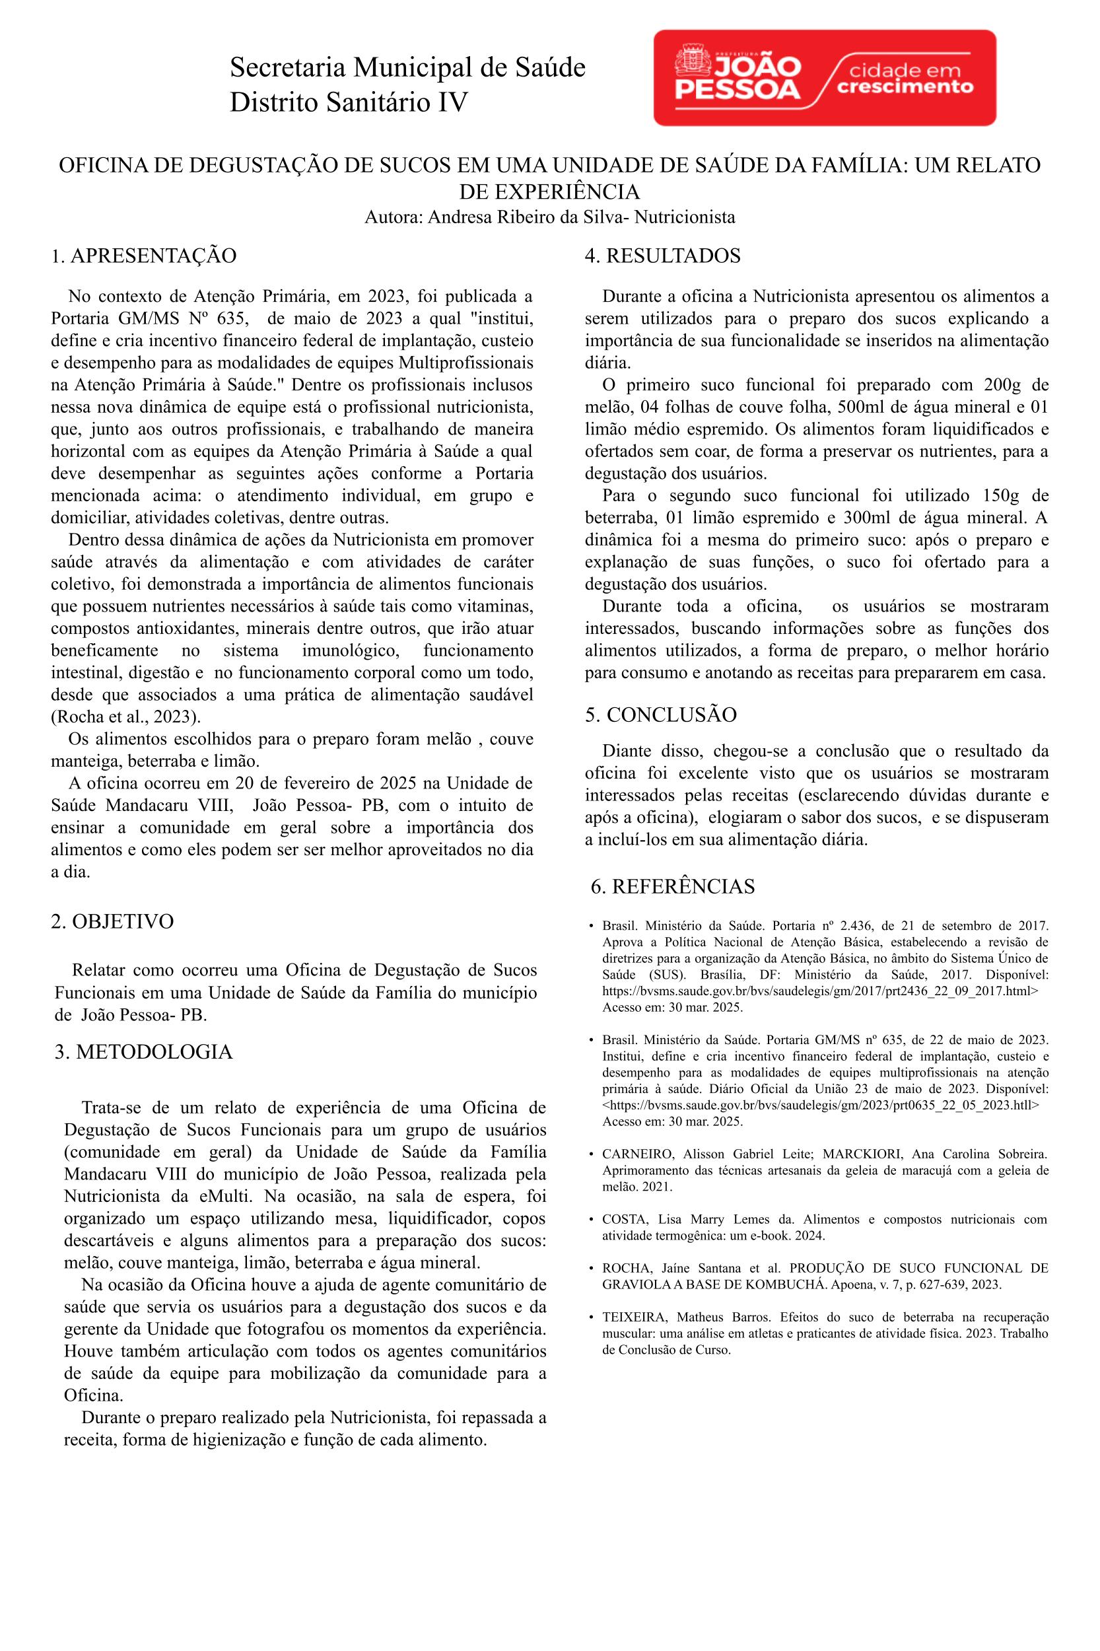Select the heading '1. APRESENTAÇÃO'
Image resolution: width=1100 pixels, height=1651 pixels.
143,256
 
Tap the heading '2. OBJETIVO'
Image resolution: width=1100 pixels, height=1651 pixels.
112,921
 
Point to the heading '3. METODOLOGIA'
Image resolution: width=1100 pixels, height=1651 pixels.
144,1052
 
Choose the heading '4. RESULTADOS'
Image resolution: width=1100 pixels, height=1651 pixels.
662,256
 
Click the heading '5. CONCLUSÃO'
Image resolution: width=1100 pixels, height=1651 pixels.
661,715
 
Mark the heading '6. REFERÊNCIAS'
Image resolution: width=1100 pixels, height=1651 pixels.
673,886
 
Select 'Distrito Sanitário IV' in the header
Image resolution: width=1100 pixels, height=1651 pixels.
348,103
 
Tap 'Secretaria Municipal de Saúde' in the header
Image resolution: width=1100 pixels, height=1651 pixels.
407,68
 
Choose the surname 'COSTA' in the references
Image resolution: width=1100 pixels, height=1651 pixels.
624,1219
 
